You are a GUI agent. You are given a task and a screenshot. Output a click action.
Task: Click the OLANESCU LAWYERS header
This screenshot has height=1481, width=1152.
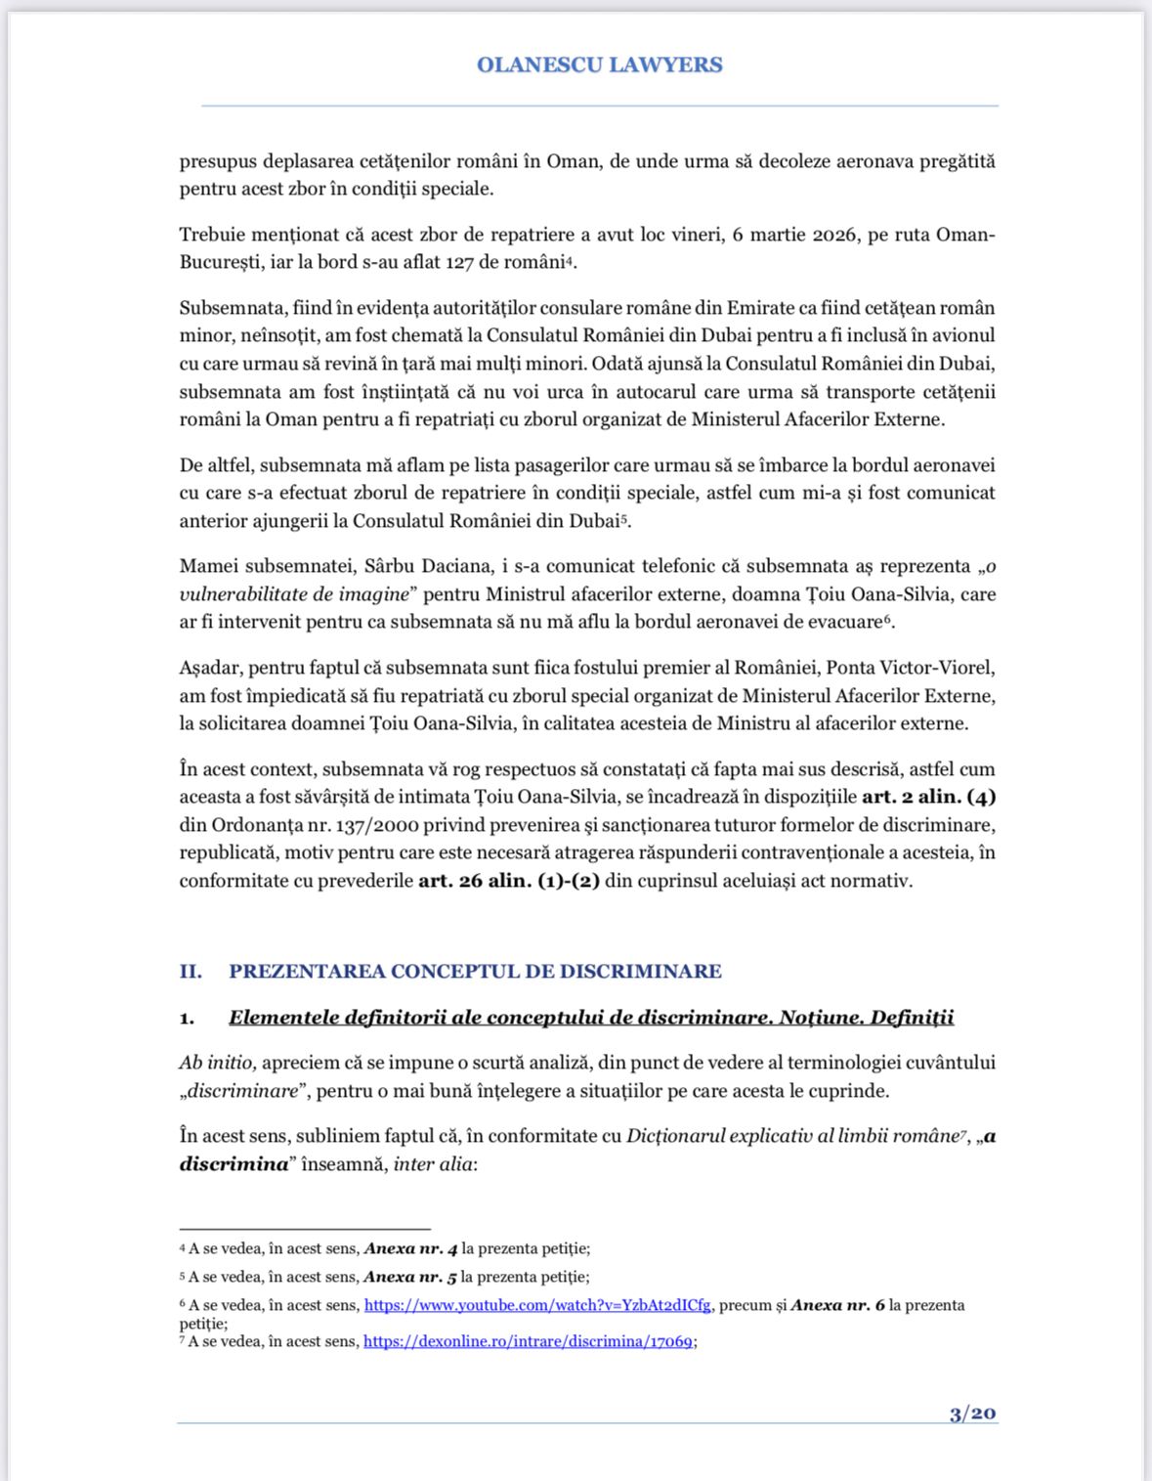coord(599,65)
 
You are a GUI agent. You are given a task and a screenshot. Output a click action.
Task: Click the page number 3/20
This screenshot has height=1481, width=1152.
coord(972,1414)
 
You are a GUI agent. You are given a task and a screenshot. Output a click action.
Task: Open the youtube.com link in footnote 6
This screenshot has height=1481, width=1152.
coord(537,1305)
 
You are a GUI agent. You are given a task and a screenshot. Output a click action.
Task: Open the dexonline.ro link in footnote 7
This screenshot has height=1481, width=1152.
coord(528,1341)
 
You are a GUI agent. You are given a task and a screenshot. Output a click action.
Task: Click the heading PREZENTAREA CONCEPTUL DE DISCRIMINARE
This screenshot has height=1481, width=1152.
coord(475,972)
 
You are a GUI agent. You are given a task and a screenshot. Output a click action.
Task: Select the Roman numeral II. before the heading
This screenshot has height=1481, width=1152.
coord(191,972)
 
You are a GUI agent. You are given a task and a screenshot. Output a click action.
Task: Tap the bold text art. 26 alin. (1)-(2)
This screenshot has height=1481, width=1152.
coord(509,881)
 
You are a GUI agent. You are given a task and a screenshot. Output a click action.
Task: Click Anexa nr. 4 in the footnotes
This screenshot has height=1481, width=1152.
coord(410,1248)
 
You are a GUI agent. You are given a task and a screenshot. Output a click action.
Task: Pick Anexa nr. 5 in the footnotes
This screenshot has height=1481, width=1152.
coord(409,1277)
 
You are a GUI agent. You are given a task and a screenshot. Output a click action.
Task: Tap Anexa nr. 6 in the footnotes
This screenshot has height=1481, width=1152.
coord(837,1305)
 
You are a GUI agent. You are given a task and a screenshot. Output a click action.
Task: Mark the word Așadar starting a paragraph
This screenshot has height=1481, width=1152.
coord(209,669)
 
